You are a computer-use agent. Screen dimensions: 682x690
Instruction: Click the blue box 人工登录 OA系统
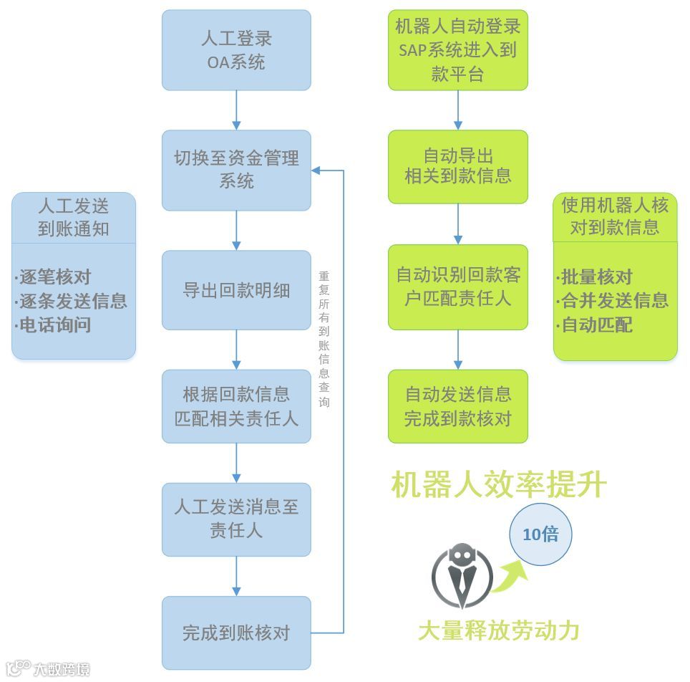point(236,50)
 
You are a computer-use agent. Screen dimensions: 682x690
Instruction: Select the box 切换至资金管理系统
point(236,170)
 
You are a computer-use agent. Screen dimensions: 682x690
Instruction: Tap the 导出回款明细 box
point(236,290)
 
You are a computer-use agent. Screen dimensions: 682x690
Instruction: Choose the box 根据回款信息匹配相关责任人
point(236,406)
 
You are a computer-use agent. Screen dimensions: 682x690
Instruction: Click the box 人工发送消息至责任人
point(236,519)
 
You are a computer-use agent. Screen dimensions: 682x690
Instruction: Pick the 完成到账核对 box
point(236,633)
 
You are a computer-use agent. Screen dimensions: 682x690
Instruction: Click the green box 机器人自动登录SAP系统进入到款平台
point(458,50)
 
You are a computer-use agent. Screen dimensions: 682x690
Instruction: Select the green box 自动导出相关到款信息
point(458,166)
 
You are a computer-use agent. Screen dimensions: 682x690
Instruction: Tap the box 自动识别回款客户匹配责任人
point(458,287)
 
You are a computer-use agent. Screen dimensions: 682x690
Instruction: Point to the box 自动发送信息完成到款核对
point(458,406)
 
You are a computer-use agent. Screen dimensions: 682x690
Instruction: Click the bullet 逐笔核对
point(55,277)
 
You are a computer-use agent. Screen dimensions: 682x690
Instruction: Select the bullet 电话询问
point(55,325)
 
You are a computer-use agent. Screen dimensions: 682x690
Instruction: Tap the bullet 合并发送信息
point(614,301)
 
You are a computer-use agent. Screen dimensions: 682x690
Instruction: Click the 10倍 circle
point(540,534)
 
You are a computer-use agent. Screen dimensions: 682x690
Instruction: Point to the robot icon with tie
point(462,577)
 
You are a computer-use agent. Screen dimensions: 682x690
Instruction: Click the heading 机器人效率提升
point(499,485)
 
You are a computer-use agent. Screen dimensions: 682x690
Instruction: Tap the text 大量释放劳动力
point(498,630)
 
